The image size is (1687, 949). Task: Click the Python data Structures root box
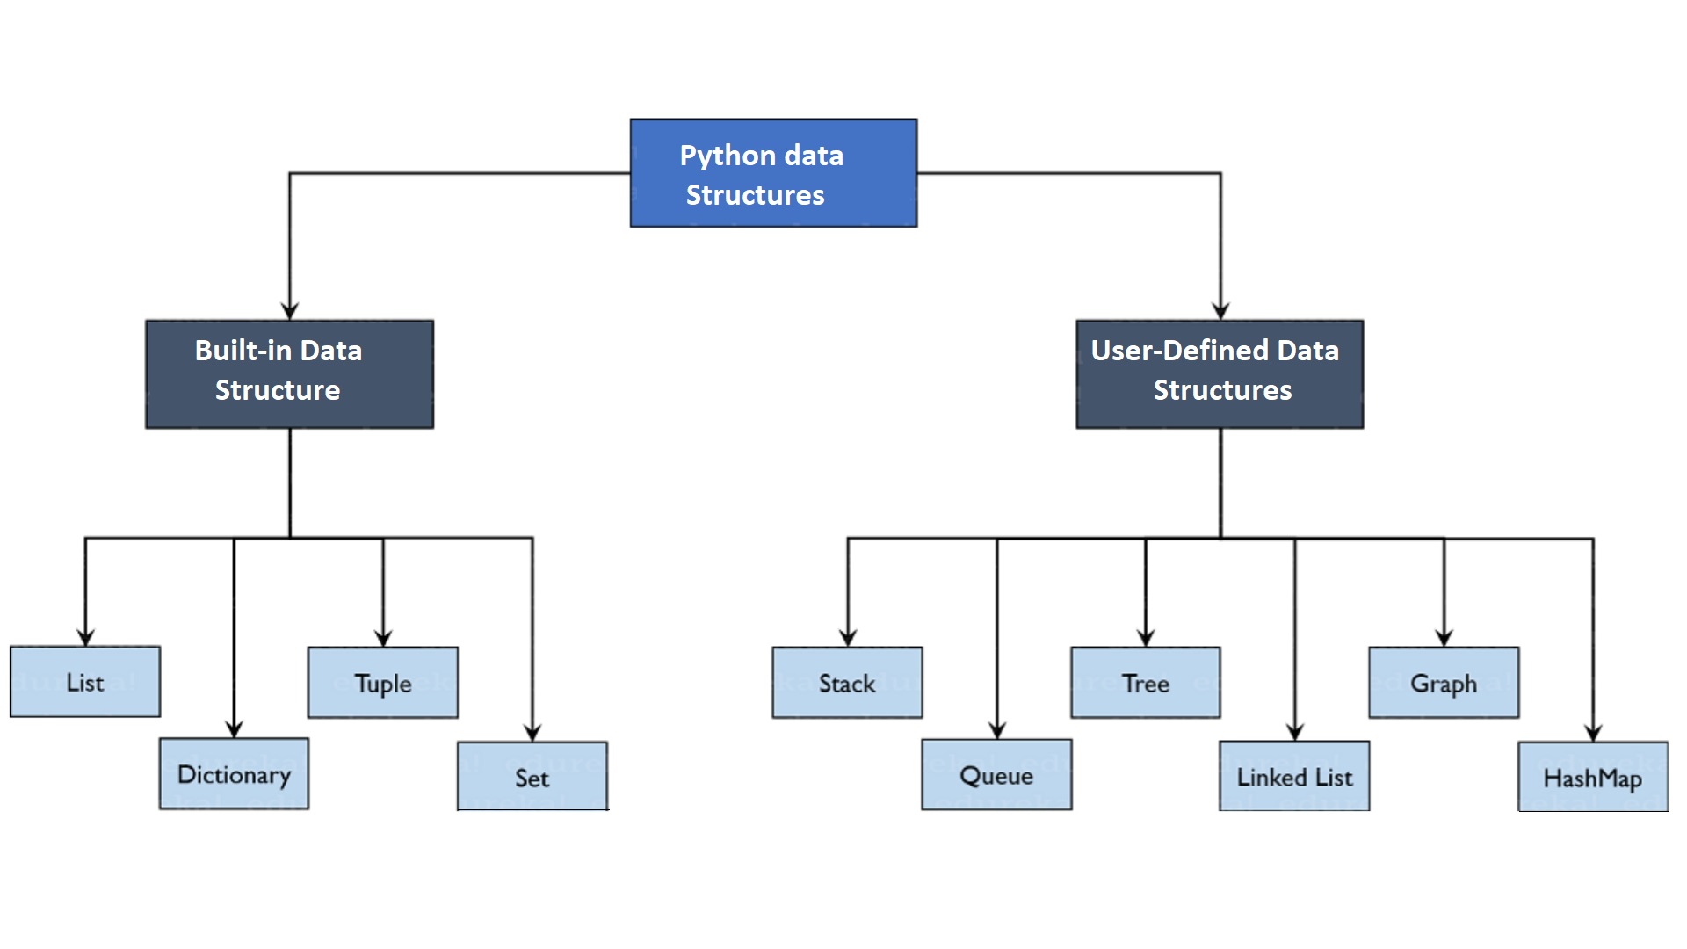(773, 173)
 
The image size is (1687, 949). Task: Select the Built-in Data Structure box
(289, 374)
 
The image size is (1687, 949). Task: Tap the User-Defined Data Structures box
(1220, 374)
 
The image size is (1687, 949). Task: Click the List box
(85, 682)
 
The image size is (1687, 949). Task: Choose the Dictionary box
(234, 774)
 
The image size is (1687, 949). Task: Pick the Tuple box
(383, 683)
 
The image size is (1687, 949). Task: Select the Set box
(532, 777)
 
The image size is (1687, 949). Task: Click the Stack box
(847, 683)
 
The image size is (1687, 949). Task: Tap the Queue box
(996, 775)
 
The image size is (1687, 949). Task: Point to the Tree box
(1146, 683)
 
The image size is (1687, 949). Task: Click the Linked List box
(1294, 777)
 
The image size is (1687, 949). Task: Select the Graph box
(1444, 683)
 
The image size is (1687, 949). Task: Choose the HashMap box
(1593, 778)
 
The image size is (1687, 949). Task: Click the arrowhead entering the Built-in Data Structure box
(290, 311)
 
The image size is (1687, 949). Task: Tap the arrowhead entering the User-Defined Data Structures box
(1220, 311)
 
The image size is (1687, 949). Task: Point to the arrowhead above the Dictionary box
(234, 728)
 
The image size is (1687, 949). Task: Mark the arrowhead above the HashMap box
(1593, 732)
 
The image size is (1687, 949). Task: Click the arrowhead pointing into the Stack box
(848, 637)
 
